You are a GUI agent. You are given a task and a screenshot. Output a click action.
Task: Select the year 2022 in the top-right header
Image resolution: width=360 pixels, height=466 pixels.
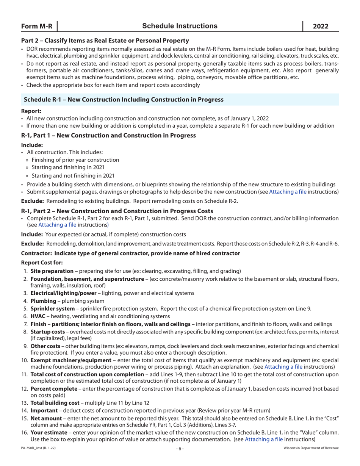pyautogui.click(x=320, y=26)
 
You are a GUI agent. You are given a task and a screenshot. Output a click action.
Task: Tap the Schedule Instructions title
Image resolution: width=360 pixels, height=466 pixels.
pyautogui.click(x=180, y=26)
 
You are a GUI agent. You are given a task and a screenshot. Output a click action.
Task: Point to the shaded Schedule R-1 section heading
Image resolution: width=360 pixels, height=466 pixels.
pyautogui.click(x=123, y=100)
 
